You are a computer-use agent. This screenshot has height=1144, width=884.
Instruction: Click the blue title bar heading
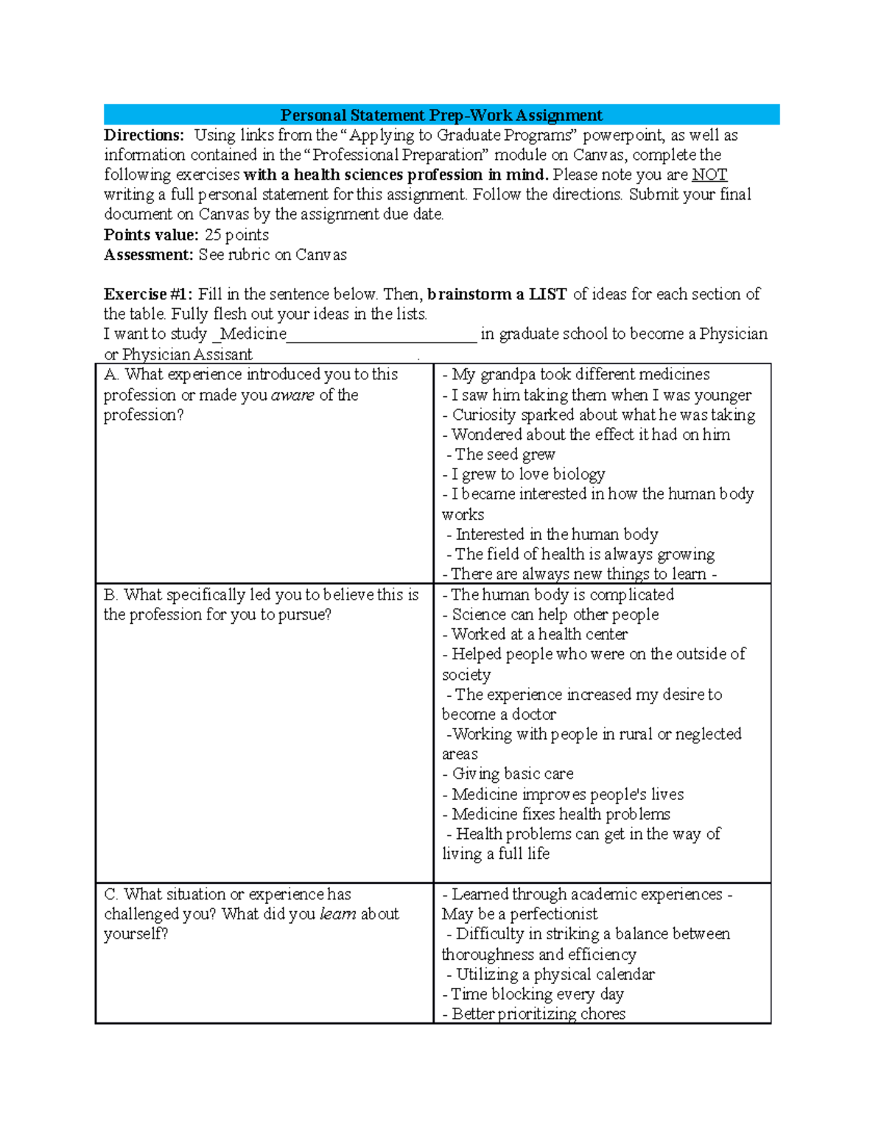coord(441,115)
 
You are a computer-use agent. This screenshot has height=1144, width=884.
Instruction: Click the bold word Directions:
coord(144,136)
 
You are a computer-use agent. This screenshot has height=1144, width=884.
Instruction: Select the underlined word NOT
coord(709,175)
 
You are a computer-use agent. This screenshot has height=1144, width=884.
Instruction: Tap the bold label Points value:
coord(151,235)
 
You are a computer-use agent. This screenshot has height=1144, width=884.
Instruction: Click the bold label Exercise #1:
coord(148,295)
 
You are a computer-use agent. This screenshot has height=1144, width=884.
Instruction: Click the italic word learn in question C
coord(338,914)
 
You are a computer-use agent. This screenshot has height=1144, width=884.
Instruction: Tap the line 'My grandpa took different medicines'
coord(580,375)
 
